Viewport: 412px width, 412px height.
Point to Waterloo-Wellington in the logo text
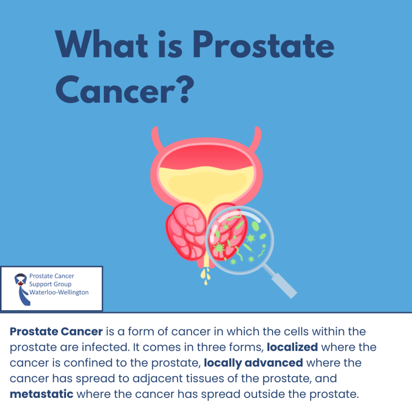pyautogui.click(x=59, y=293)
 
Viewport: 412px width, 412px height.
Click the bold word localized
pyautogui.click(x=293, y=347)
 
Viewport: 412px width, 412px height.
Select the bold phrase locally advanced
pyautogui.click(x=253, y=363)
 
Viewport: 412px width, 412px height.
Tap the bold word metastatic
pyautogui.click(x=41, y=394)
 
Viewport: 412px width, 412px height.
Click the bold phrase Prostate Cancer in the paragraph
pyautogui.click(x=56, y=332)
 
